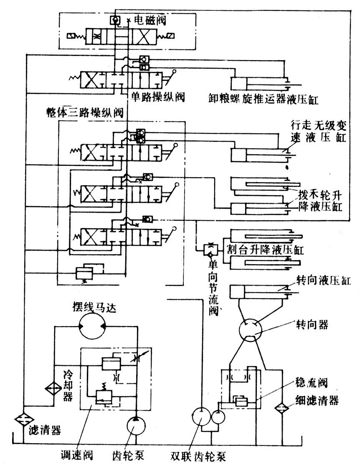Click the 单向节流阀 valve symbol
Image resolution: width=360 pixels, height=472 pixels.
click(x=209, y=250)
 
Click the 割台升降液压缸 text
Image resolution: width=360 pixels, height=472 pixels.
click(x=265, y=250)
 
